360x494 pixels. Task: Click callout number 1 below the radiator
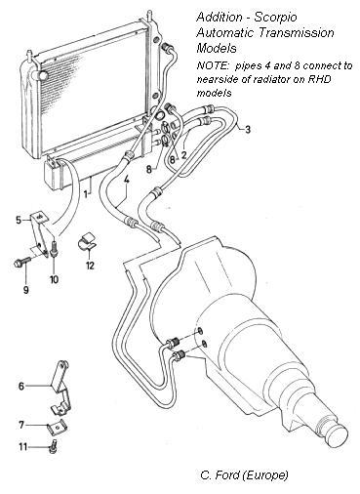click(x=86, y=194)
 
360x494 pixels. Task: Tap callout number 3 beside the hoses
click(x=248, y=130)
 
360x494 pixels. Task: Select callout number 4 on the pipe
click(x=126, y=179)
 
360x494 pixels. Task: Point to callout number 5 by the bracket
click(x=19, y=221)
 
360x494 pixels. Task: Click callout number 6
click(x=21, y=387)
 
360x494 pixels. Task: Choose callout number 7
click(x=21, y=425)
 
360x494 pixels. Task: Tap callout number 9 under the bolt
click(x=26, y=290)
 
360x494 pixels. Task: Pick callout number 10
click(x=54, y=279)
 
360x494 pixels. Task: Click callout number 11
click(x=22, y=447)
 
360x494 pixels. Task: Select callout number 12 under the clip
click(x=90, y=266)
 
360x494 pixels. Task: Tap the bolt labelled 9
click(x=22, y=262)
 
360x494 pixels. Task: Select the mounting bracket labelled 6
click(x=61, y=388)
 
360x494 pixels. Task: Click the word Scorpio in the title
click(x=275, y=17)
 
